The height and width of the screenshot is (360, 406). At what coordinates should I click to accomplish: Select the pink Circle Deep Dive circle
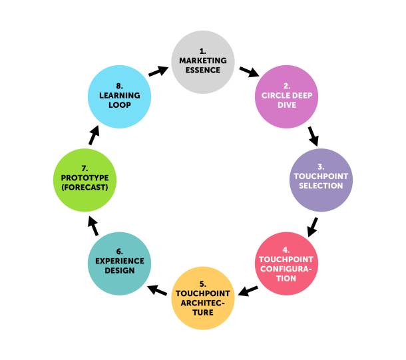click(x=287, y=95)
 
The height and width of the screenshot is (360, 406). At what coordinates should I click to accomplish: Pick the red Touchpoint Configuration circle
click(x=287, y=264)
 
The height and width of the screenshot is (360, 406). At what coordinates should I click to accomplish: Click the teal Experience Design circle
click(x=119, y=264)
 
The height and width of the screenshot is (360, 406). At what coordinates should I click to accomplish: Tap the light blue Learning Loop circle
click(x=119, y=95)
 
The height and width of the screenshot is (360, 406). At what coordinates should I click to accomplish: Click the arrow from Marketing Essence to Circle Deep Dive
click(x=248, y=71)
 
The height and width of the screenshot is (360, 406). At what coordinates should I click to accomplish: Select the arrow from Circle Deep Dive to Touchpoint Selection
click(x=313, y=136)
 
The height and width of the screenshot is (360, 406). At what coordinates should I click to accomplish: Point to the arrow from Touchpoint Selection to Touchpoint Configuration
click(x=312, y=226)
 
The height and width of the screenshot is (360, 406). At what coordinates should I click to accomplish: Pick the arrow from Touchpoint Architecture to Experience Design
click(x=158, y=289)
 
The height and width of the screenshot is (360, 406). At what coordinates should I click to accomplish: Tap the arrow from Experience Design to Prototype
click(x=93, y=226)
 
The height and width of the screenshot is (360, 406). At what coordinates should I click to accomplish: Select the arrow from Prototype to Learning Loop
click(x=94, y=134)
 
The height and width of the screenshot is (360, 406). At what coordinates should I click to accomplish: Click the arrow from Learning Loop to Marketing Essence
click(x=158, y=70)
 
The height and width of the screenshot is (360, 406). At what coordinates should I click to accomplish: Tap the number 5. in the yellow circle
click(x=204, y=283)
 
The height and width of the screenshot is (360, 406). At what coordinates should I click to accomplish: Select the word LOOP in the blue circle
click(x=119, y=104)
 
